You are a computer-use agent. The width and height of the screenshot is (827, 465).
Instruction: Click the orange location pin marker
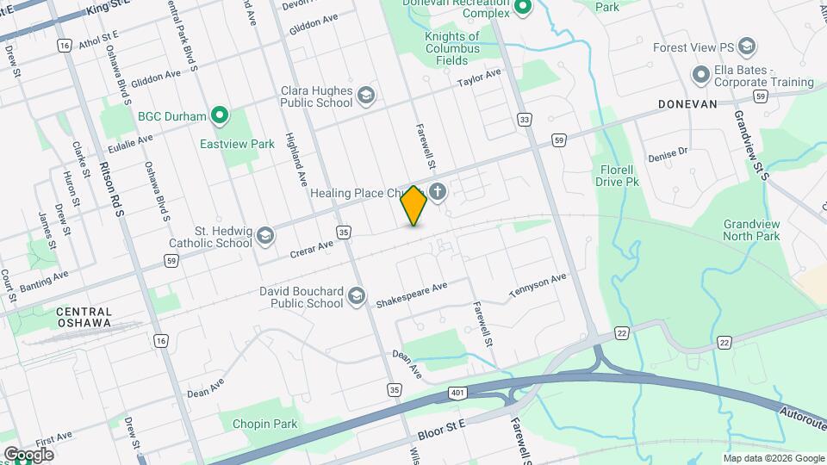[x=414, y=206]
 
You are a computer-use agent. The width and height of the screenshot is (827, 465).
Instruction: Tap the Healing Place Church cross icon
[x=438, y=192]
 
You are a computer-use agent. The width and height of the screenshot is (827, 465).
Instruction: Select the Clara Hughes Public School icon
[x=366, y=95]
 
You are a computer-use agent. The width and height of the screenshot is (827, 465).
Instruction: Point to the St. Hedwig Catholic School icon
[x=265, y=235]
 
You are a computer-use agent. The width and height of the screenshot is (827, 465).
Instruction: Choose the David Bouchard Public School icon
[x=356, y=297]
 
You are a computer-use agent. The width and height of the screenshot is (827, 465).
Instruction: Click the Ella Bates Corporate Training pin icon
[x=701, y=76]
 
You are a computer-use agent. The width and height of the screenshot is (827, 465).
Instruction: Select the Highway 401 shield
[x=457, y=394]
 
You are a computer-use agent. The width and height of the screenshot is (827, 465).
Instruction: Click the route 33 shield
[x=523, y=119]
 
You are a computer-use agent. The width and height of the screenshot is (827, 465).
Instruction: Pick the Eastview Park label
[x=237, y=144]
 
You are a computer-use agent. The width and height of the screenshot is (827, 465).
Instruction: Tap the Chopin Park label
[x=270, y=424]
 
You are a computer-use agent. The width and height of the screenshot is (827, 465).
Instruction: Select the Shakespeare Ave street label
[x=412, y=295]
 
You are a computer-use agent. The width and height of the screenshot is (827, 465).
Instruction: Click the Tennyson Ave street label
[x=538, y=286]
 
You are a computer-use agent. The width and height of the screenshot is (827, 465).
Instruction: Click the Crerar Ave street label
[x=311, y=247]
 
